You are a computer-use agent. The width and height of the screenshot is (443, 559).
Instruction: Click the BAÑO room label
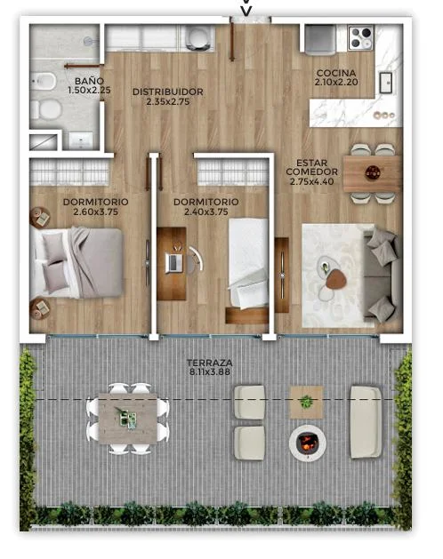[89, 81]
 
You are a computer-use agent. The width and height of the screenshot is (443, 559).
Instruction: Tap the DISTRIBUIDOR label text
[168, 92]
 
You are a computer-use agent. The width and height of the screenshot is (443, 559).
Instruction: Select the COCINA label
[336, 73]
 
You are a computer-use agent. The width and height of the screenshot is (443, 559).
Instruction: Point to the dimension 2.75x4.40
[311, 181]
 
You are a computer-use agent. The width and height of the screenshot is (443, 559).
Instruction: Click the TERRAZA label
[210, 363]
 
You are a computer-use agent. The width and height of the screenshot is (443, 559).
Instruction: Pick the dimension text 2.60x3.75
[95, 212]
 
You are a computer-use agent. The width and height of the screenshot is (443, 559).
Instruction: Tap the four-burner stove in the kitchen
[361, 37]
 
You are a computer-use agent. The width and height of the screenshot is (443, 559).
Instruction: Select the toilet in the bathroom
[45, 109]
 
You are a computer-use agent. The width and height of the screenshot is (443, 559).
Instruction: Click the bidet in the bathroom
[44, 81]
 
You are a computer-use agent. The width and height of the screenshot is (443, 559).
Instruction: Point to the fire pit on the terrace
[308, 443]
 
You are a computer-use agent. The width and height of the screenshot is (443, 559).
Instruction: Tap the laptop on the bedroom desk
[174, 262]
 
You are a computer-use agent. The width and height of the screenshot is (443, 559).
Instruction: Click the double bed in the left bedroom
[77, 263]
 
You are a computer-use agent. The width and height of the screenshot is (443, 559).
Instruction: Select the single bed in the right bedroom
[248, 263]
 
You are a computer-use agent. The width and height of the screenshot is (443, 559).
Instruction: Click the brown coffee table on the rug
[336, 279]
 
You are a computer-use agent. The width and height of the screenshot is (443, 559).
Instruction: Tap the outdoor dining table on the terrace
[128, 419]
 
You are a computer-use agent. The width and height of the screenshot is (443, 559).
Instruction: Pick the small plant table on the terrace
[306, 402]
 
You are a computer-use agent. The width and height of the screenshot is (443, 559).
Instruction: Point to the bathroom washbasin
[81, 140]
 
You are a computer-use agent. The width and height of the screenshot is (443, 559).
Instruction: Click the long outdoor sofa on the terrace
[366, 422]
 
